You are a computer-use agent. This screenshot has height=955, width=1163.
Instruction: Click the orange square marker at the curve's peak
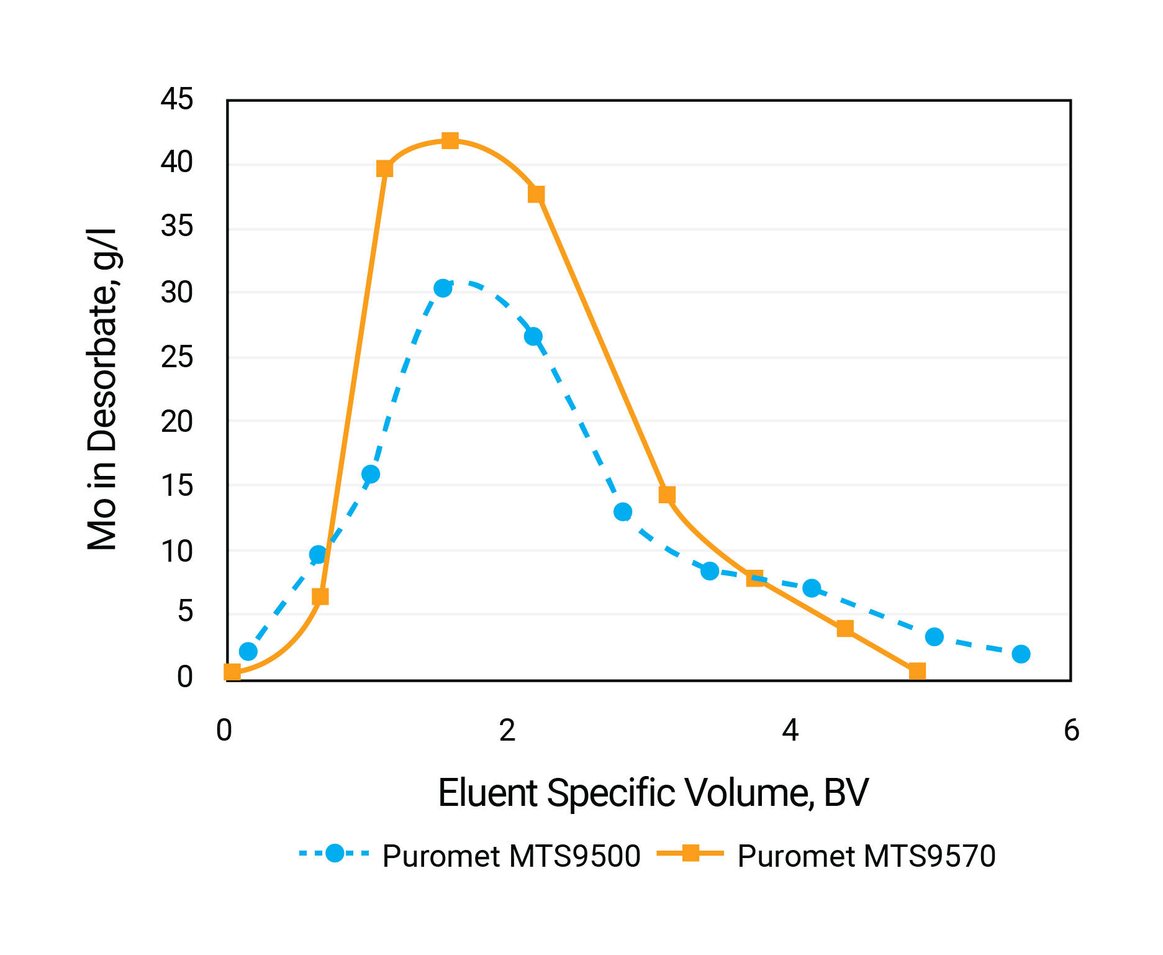pos(450,140)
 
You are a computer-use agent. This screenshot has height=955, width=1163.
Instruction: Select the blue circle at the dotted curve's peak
pos(443,288)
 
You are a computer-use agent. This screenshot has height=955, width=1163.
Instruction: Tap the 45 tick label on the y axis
pos(177,99)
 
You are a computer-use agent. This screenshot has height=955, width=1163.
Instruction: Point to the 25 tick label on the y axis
pos(177,357)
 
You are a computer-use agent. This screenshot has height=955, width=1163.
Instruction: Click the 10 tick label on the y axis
pos(177,551)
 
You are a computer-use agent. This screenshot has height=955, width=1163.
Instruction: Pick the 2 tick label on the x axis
pos(507,731)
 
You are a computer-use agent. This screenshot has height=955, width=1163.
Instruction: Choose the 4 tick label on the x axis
pos(790,731)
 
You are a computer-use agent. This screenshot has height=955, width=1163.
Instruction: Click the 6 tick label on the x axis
pos(1071,731)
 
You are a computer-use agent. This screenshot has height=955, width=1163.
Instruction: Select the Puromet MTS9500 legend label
pos(511,856)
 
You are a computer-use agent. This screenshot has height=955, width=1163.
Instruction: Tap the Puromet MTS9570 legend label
pos(866,856)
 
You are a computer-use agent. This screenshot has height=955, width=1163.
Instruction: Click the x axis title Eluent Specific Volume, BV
pos(653,793)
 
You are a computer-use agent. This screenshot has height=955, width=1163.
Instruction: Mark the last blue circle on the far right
pos(1021,654)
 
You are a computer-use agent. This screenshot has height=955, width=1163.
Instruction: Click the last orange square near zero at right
pos(917,671)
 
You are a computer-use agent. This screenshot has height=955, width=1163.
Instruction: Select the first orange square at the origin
pos(232,672)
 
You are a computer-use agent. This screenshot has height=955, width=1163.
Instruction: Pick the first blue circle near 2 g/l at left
pos(248,651)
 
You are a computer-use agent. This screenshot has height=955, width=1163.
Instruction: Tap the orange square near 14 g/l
pos(667,495)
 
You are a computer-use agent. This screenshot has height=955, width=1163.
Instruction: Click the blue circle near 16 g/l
pos(371,474)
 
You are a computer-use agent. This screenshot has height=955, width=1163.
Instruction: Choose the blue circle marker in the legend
pos(335,853)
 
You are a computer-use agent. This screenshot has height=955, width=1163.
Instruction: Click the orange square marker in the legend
pos(690,853)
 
